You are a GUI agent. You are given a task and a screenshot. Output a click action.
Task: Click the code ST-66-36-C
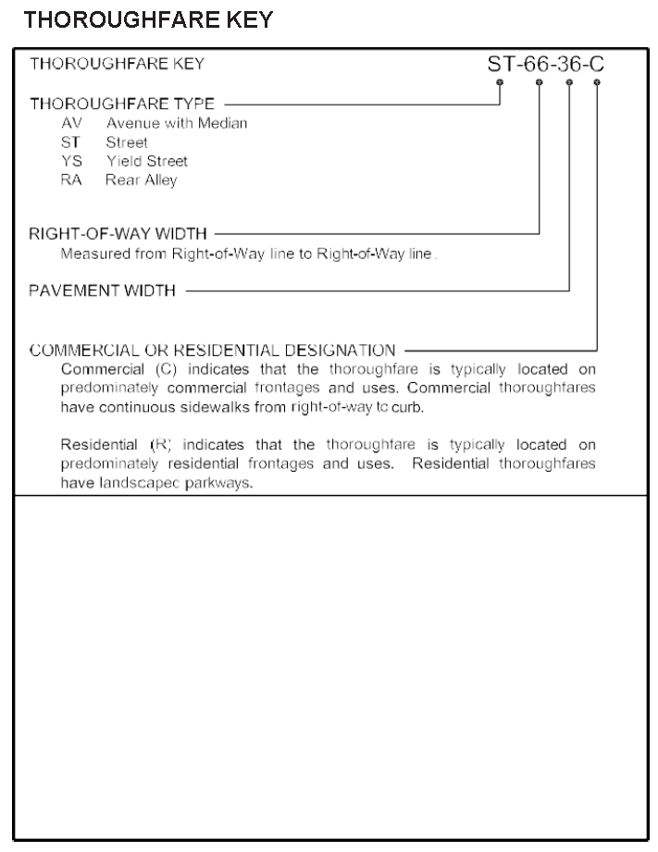[x=544, y=65]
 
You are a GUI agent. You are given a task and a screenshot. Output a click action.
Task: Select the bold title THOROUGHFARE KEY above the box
[x=147, y=21]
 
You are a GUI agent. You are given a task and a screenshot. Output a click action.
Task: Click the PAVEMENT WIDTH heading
[x=102, y=291]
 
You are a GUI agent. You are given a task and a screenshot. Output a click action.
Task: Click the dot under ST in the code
[x=501, y=84]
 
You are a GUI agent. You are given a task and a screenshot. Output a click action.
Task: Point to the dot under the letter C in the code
[x=597, y=84]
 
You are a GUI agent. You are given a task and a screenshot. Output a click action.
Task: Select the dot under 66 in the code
[x=540, y=84]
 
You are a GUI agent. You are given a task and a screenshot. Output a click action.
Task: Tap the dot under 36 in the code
[x=568, y=84]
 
